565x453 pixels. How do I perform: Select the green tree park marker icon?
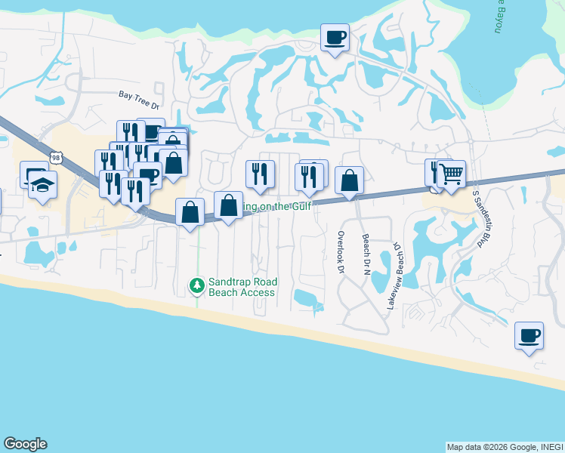[x=196, y=285]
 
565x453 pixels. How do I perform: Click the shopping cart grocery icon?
[x=451, y=174]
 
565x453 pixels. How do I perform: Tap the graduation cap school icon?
[x=43, y=183]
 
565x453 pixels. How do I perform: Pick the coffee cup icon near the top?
[x=335, y=36]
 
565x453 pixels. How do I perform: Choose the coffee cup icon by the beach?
[x=529, y=334]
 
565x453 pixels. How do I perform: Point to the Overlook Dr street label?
[x=341, y=252]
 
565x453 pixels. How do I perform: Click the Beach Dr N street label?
[x=366, y=254]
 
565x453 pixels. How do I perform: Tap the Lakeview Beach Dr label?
[x=393, y=276]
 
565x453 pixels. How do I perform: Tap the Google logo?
[x=25, y=444]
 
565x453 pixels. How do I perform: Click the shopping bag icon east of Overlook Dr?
[x=349, y=180]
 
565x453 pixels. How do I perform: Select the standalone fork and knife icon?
[x=260, y=174]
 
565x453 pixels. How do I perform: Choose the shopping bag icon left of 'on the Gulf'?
[x=228, y=205]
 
